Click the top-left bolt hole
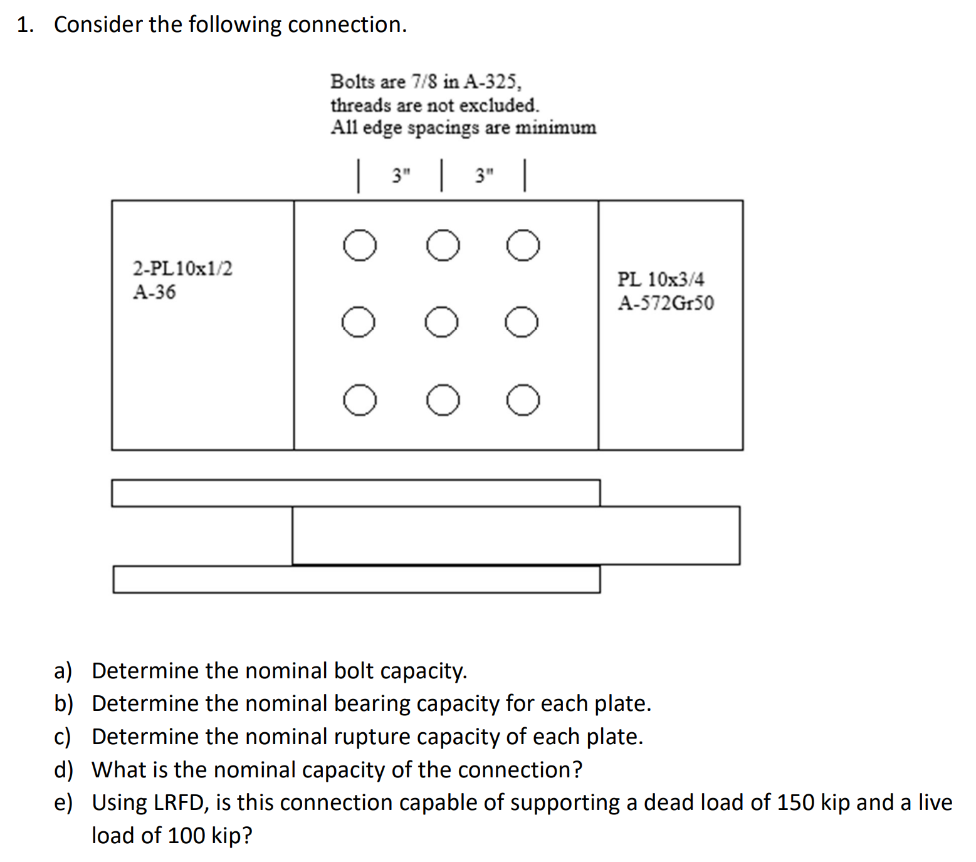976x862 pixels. click(360, 244)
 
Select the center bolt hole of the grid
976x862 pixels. click(441, 322)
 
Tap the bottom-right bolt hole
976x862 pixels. click(523, 401)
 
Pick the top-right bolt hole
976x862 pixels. click(523, 244)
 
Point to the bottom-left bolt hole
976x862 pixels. click(360, 401)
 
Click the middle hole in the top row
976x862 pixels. click(443, 244)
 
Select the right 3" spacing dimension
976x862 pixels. click(484, 176)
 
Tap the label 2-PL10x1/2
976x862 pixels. click(182, 268)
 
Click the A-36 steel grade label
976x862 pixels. click(154, 292)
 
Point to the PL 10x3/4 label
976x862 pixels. click(661, 279)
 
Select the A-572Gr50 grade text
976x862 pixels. click(666, 303)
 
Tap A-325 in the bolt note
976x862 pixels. click(492, 82)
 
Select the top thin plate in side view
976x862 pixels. click(356, 493)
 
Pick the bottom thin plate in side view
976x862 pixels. click(357, 579)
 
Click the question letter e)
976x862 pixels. click(63, 803)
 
